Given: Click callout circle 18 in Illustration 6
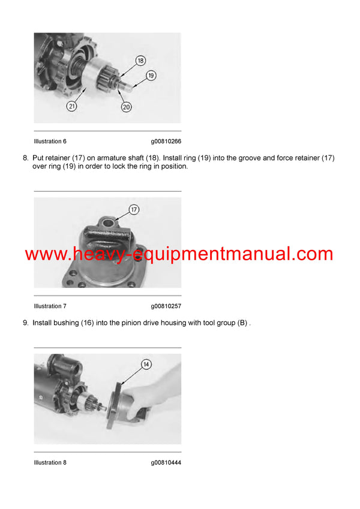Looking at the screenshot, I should [x=140, y=61].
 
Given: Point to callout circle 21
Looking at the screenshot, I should [x=71, y=106].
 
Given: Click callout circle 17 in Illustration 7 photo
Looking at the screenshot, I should [x=134, y=210].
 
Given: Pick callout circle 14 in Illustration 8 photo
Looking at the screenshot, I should [x=146, y=364].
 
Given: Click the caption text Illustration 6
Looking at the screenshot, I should [x=50, y=141].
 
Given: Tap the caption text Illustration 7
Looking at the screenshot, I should [x=50, y=306].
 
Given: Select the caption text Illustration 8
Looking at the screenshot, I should [x=50, y=462].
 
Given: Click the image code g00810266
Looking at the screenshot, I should [x=166, y=141].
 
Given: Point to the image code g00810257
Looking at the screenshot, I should [x=166, y=306].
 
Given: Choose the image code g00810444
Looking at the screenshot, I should [x=166, y=462].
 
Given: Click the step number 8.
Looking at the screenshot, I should [x=25, y=158].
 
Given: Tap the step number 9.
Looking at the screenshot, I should [x=25, y=323].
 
